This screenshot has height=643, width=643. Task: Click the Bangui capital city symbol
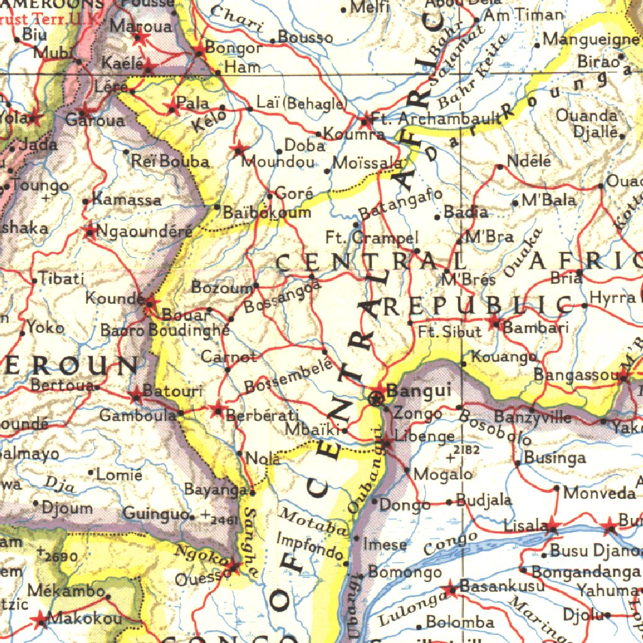pos(377,397)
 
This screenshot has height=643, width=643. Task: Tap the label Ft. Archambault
pos(436,119)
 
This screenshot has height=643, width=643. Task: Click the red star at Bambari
pos(495,324)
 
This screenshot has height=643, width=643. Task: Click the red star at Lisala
pos(551,526)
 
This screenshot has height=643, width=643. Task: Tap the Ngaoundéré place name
pos(144,230)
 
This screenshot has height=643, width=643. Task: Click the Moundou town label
pos(278,162)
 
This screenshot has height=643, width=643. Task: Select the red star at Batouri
pos(136,395)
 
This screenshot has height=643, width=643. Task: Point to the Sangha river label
pos(251,544)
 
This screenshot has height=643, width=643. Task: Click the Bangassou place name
pos(576,376)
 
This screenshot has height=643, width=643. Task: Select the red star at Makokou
pos(41,620)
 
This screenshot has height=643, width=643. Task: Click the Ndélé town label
pos(529,161)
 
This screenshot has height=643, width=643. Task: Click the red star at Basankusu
pos(450,590)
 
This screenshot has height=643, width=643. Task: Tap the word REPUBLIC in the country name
pos(478,306)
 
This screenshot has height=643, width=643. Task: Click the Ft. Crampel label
pos(372,238)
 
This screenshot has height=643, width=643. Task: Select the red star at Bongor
pos(200,49)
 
